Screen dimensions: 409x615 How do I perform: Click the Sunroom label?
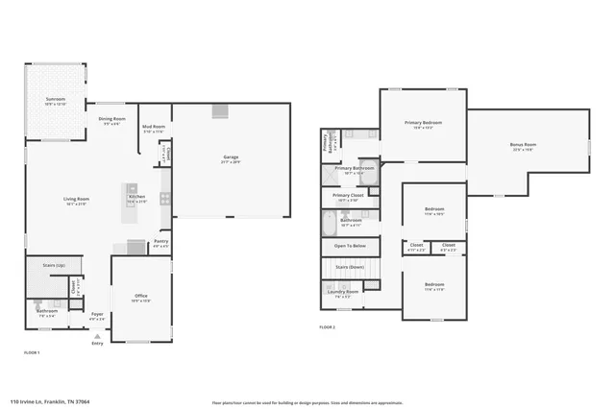coord(56,100)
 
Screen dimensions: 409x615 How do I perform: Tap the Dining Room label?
coord(112,119)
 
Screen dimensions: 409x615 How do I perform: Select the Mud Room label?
coord(154,127)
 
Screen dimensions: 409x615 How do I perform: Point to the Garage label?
coord(231,156)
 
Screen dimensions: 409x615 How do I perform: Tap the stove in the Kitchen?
coord(165,199)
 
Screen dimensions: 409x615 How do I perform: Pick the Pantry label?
coord(160,242)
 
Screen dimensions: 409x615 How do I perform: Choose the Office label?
coord(141,298)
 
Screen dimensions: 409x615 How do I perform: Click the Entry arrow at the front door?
coord(95,336)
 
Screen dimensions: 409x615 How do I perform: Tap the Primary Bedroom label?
coord(423,123)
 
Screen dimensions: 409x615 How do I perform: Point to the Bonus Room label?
coord(523,145)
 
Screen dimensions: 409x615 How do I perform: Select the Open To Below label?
coord(349,245)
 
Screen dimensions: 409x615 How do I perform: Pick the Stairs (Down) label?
coord(349,266)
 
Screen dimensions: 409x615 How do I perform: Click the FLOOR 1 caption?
coord(32,353)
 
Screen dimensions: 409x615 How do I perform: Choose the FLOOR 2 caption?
coord(327,327)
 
